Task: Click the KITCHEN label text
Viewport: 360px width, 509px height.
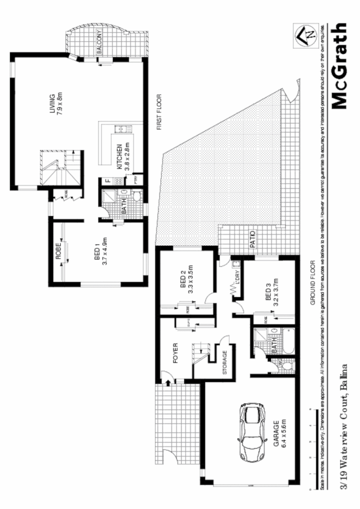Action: click(120, 156)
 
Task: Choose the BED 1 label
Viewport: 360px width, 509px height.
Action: click(96, 248)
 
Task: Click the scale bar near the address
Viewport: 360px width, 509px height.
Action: click(310, 448)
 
